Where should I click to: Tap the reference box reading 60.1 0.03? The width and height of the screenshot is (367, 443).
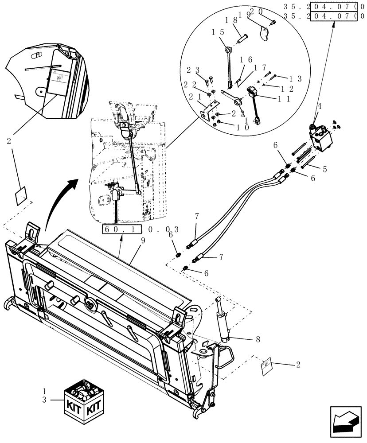pyautogui.click(x=141, y=229)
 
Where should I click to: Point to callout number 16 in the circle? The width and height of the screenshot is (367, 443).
pyautogui.click(x=246, y=59)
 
